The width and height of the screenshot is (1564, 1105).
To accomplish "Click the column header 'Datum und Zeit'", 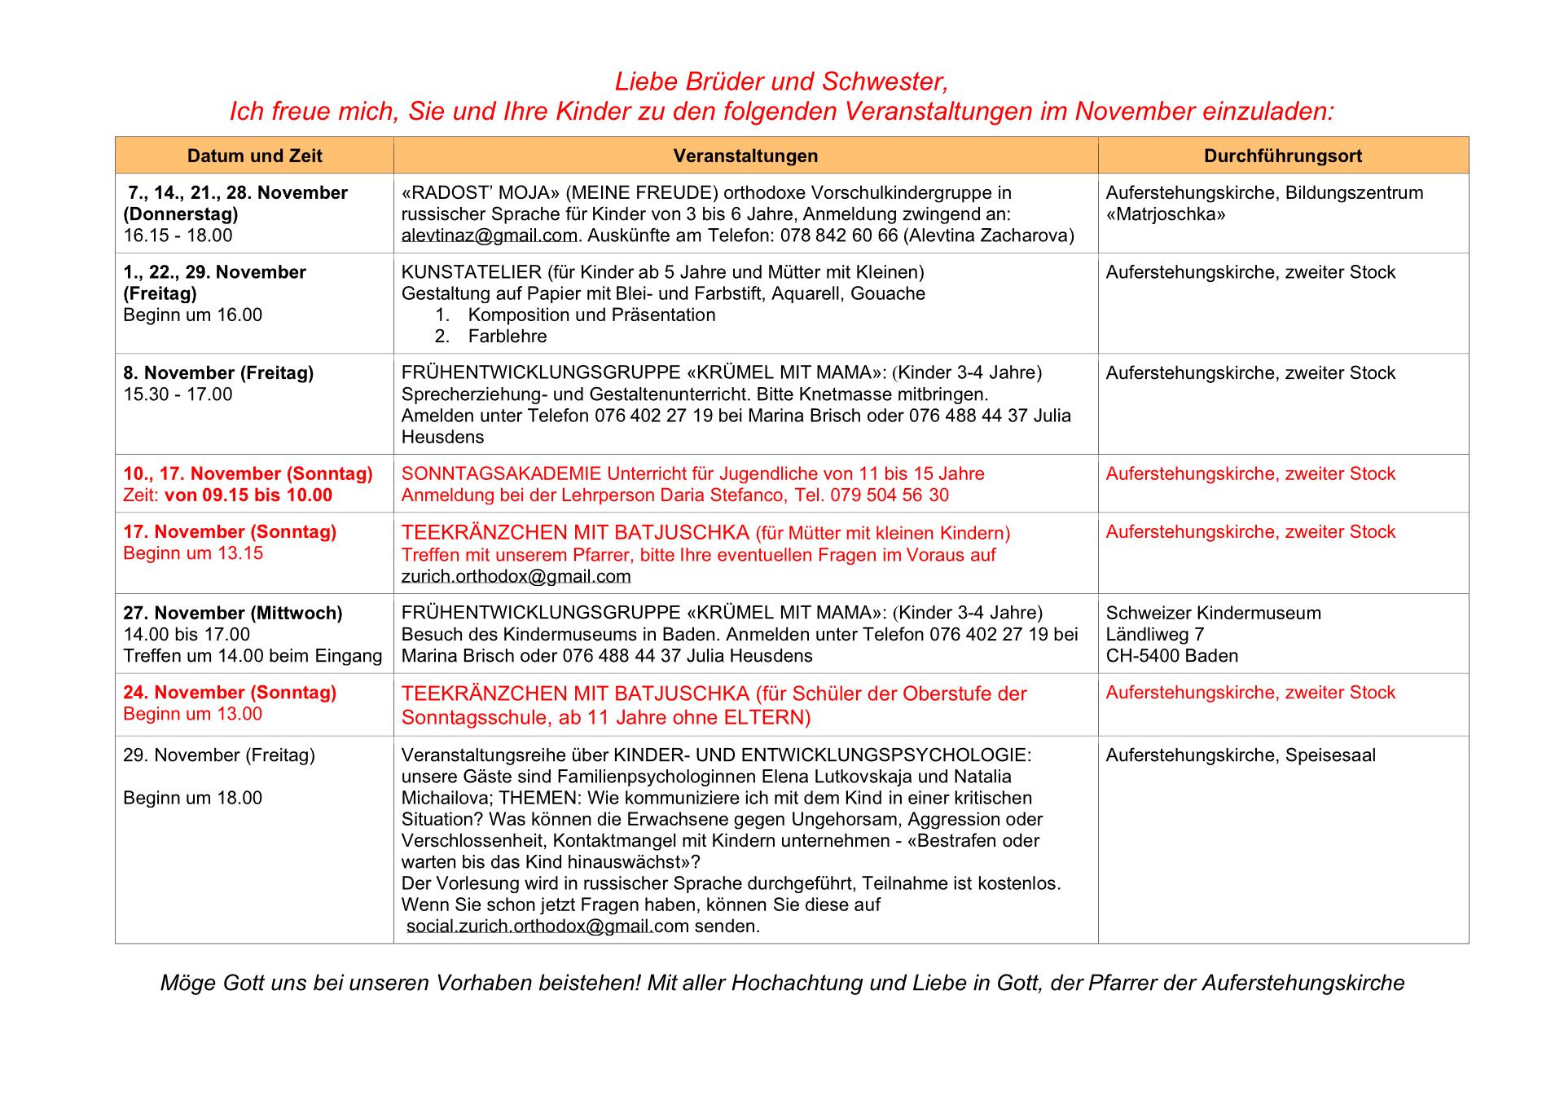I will click(x=254, y=156).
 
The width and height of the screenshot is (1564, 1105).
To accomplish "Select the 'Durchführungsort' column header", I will click(x=1282, y=156).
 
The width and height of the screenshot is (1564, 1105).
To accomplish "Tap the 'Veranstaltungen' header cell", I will click(x=745, y=156).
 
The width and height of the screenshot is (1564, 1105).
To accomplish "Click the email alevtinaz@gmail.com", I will click(x=489, y=236).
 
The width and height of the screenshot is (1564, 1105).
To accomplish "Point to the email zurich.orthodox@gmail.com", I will click(x=516, y=576).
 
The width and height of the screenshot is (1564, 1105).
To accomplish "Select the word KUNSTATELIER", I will click(x=472, y=272).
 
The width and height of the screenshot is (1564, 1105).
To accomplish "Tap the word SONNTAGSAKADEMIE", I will click(x=501, y=473).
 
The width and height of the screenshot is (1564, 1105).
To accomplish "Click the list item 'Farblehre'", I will click(x=507, y=336).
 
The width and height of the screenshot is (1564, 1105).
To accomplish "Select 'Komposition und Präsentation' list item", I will click(x=591, y=315).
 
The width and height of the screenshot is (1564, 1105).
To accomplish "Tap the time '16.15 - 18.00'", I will click(x=178, y=236).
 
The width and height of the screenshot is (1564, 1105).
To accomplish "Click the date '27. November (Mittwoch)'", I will click(x=232, y=613).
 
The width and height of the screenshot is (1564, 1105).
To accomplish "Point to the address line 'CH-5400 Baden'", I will click(x=1171, y=655).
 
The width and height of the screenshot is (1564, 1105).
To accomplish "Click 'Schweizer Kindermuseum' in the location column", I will click(x=1213, y=613).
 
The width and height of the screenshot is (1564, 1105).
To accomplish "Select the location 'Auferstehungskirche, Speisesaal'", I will click(x=1240, y=755).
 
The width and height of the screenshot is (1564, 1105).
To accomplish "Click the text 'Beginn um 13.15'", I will click(x=193, y=552).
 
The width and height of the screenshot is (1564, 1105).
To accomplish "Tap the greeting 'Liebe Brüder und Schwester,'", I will click(x=781, y=81).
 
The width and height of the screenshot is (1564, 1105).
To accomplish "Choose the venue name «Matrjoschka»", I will click(x=1165, y=214).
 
